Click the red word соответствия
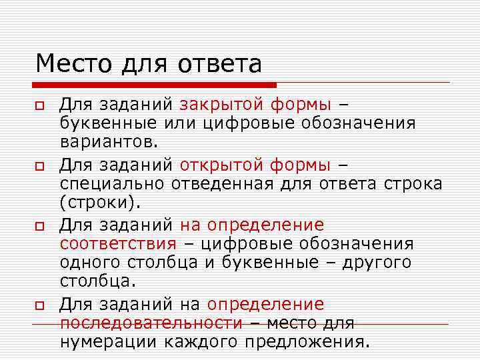coord(118,243)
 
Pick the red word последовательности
coord(151,323)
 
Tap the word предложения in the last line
coord(306,342)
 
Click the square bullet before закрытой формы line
coord(40,106)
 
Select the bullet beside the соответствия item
coord(40,225)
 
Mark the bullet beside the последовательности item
coord(40,305)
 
